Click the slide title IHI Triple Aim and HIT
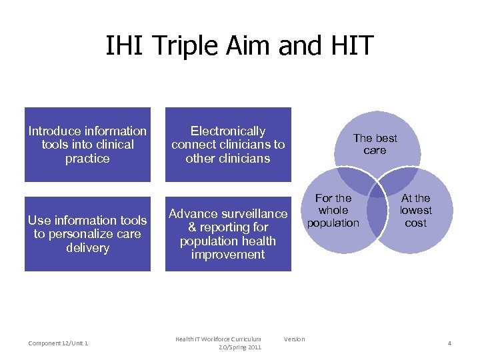click(x=239, y=47)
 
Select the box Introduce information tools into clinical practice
click(x=87, y=145)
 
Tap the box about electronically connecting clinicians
click(x=228, y=145)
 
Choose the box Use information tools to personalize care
click(x=87, y=234)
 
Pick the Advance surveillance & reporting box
click(x=228, y=234)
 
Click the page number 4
click(x=449, y=343)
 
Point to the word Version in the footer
click(x=294, y=339)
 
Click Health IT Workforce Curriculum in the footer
click(x=218, y=339)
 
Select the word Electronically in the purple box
click(x=228, y=131)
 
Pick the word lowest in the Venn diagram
click(x=416, y=211)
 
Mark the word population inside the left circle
click(x=333, y=223)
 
